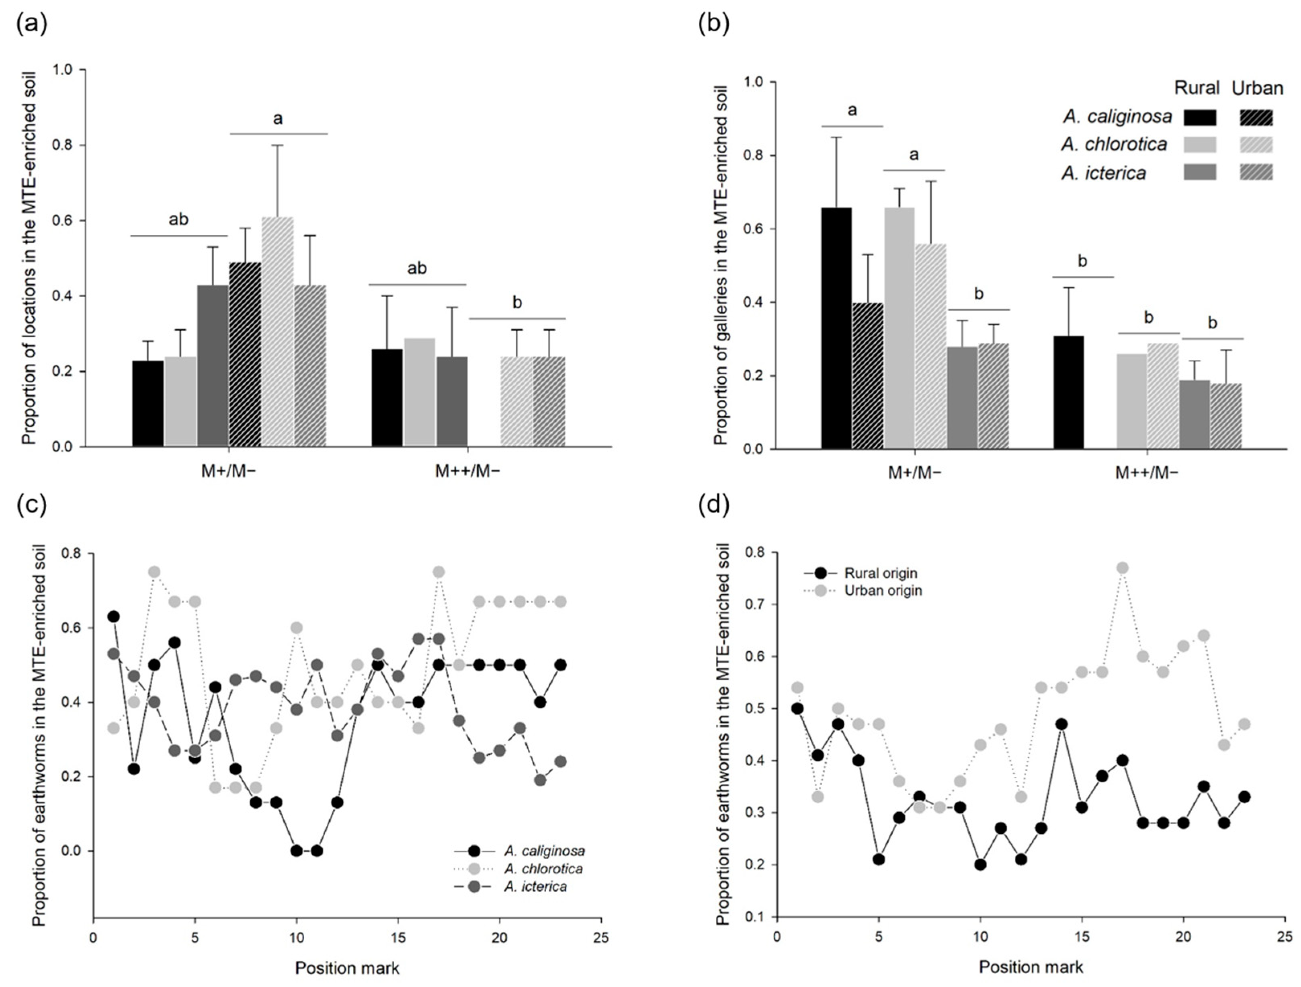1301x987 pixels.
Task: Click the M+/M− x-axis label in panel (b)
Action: tap(915, 474)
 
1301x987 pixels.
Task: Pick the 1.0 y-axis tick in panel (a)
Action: tap(63, 70)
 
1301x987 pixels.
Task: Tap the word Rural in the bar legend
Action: tap(1197, 88)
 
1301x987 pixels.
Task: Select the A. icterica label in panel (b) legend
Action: tap(1104, 173)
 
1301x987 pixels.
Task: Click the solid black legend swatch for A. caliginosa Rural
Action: tap(1199, 117)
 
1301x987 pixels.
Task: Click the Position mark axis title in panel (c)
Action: tap(347, 968)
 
